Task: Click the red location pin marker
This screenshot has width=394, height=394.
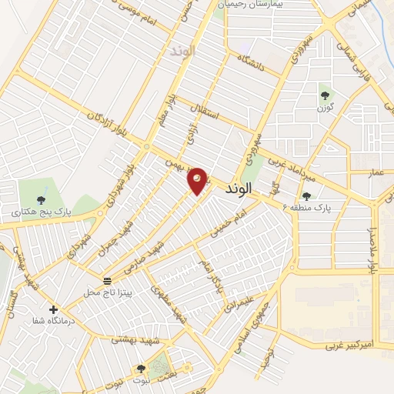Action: [198, 181]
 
